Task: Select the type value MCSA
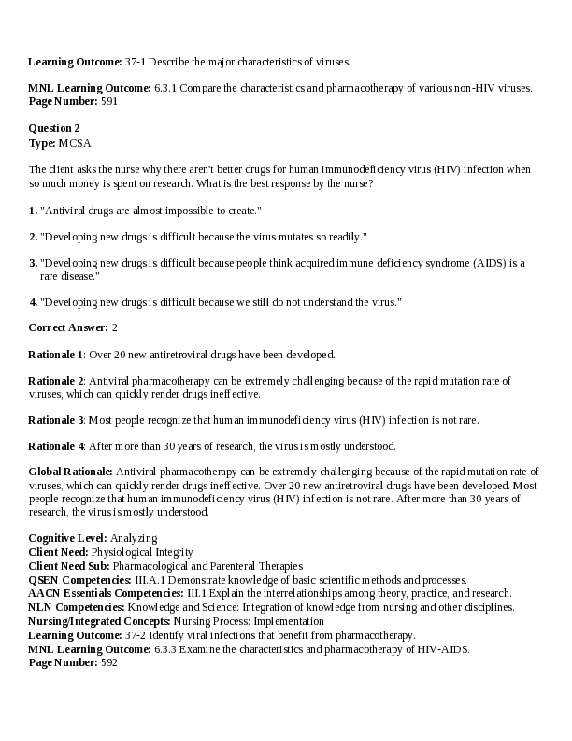[75, 143]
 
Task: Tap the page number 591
[108, 101]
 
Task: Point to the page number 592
[108, 662]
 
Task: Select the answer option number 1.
[33, 211]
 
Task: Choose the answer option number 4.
[33, 302]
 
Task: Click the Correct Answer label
[67, 327]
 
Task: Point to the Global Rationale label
[70, 472]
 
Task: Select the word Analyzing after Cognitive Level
[134, 538]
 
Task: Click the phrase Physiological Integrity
[137, 552]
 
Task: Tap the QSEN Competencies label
[79, 580]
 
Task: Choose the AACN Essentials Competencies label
[106, 593]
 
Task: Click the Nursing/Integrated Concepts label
[99, 621]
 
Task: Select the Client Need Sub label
[69, 566]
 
